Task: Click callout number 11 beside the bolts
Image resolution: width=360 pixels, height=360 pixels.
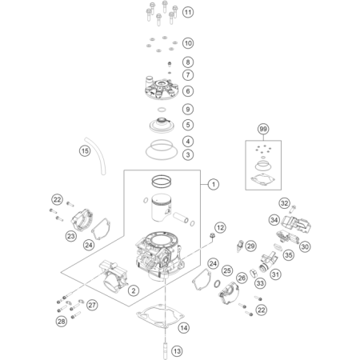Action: [x=188, y=12]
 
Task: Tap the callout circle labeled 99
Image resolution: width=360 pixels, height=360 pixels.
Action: [x=263, y=129]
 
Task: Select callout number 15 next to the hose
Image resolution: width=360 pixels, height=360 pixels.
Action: [x=85, y=151]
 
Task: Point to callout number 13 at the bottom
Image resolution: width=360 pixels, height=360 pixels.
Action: [x=177, y=351]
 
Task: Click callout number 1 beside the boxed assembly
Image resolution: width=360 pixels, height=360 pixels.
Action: [x=214, y=184]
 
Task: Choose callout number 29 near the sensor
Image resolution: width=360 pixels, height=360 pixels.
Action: [x=250, y=246]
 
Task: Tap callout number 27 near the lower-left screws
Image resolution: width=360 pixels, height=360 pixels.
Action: [x=92, y=305]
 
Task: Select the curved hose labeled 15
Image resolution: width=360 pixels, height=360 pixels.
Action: [x=96, y=155]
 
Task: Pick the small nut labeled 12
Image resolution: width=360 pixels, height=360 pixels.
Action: [x=212, y=235]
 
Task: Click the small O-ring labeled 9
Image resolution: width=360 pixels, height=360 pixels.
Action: [x=162, y=110]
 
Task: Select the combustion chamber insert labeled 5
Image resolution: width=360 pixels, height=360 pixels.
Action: [x=162, y=126]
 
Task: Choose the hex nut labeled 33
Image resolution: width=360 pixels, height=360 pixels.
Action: [x=254, y=274]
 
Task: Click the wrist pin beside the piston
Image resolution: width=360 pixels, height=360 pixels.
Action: [x=181, y=217]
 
